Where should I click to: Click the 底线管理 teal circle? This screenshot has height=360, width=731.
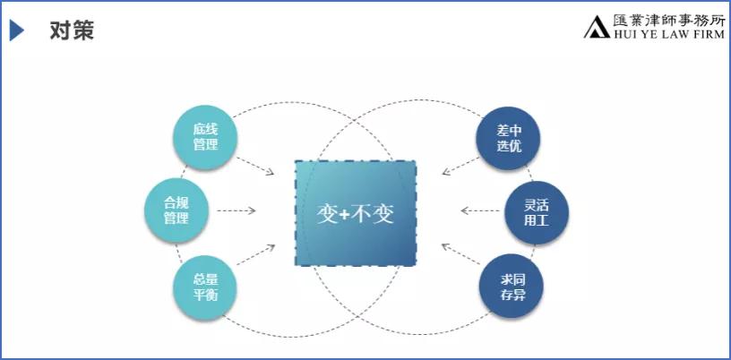coord(205,138)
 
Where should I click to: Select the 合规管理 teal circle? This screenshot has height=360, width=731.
coord(176,210)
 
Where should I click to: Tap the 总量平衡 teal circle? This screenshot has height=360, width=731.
coord(205,287)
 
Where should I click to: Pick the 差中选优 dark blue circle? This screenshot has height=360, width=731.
coord(508,139)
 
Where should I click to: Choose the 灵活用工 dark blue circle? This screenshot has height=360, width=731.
coord(537,212)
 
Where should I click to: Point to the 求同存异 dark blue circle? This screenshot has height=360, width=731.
coord(512,286)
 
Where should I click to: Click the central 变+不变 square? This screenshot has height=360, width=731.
coord(356,213)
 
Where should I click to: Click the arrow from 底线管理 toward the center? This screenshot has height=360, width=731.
coord(255,166)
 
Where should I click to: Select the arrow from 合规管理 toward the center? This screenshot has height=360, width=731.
coord(236,210)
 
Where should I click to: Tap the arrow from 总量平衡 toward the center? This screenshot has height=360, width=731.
coord(256,254)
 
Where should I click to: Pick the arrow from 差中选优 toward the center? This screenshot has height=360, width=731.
coord(460,166)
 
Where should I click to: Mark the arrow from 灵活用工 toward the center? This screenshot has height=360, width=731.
coord(480,210)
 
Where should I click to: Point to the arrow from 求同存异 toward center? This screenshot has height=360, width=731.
coord(460,254)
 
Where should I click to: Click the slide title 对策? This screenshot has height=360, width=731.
coord(72,30)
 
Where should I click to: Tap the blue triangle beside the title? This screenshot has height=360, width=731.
coord(16,30)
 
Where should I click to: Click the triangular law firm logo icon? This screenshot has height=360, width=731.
coord(597,27)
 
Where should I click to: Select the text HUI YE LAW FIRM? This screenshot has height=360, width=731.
coord(669,33)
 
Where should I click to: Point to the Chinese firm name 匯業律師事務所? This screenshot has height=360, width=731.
coord(669,21)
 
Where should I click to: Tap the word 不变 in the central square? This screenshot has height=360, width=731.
coord(372,214)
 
